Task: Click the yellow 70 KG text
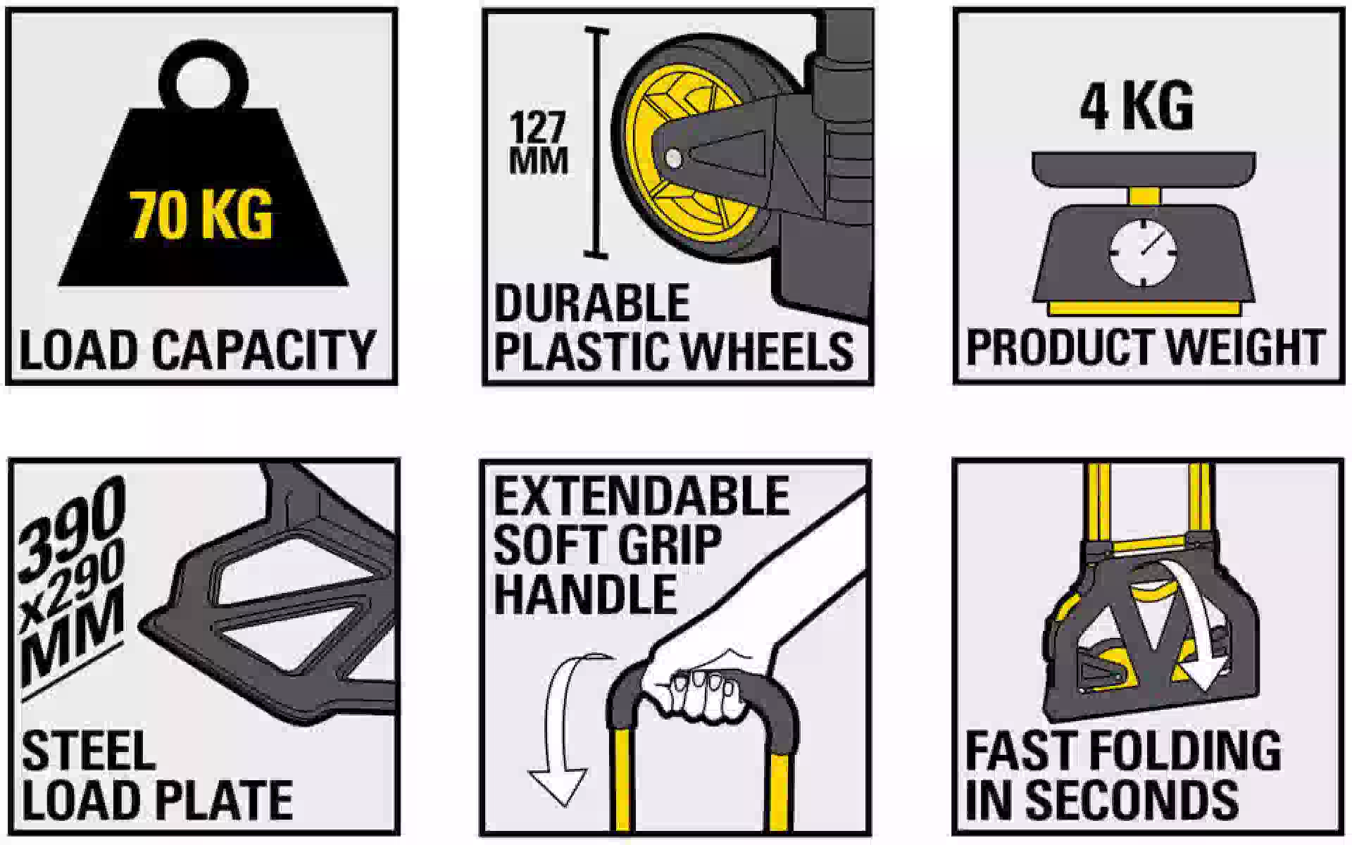[x=201, y=215]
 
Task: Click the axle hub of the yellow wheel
[x=673, y=157]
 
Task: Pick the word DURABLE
[x=591, y=303]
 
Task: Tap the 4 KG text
[x=1137, y=106]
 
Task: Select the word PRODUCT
[x=1059, y=347]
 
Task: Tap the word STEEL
[x=89, y=751]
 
